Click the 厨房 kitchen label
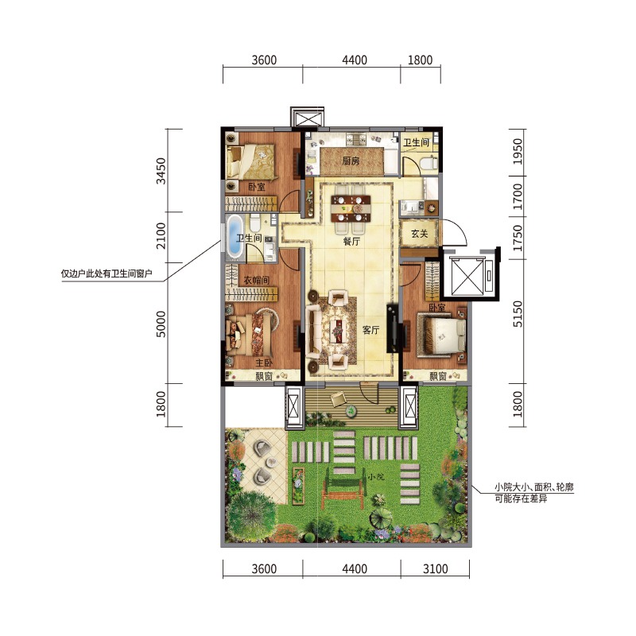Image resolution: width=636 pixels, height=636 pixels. [351, 161]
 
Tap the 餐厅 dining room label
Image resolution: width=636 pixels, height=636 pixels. [351, 242]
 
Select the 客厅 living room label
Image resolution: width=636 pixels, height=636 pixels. [370, 330]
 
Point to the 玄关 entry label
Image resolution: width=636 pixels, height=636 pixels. [420, 234]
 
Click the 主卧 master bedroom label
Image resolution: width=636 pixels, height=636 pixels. [264, 363]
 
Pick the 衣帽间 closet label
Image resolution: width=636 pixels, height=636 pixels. [256, 280]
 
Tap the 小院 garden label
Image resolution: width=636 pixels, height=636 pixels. [375, 477]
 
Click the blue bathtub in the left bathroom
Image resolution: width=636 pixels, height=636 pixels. [234, 236]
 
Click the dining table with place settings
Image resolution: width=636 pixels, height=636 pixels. [351, 208]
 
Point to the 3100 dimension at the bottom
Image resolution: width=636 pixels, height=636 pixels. [435, 568]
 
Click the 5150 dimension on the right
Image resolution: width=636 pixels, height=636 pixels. [518, 313]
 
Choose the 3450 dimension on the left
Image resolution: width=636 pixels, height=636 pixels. [161, 171]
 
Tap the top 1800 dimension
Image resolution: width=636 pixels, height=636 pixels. [420, 60]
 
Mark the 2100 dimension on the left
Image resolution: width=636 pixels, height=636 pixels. [161, 235]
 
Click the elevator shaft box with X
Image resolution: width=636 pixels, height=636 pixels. [467, 276]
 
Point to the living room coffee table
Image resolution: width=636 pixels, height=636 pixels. [336, 332]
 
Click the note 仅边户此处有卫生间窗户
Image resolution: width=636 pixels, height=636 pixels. [107, 273]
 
